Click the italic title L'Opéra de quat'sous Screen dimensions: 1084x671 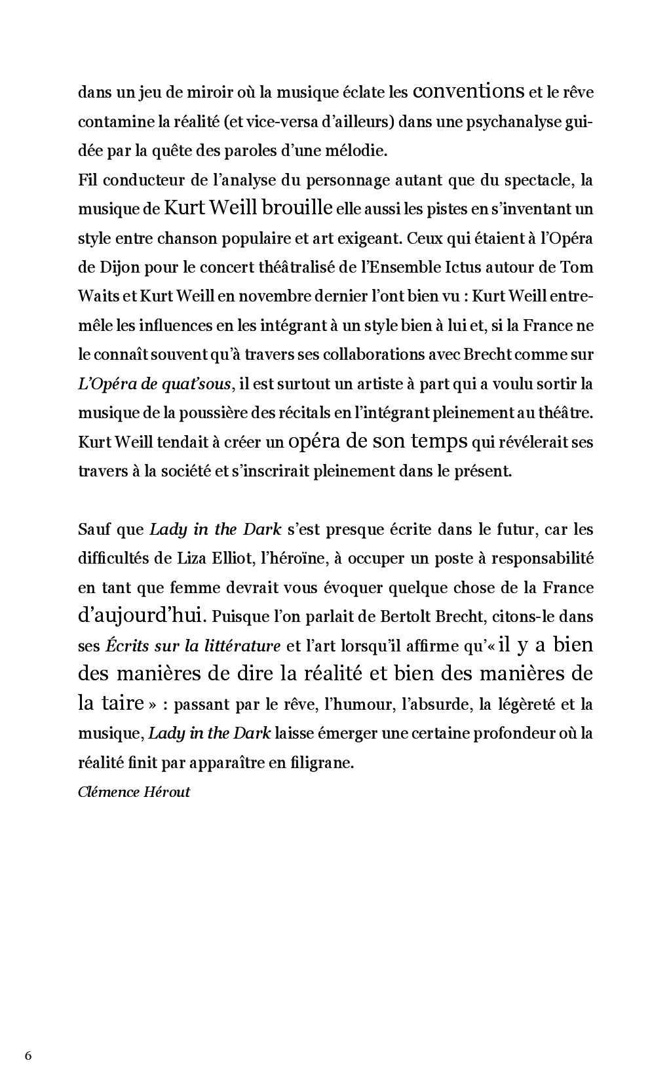click(154, 384)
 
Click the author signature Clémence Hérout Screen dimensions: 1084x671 click(134, 792)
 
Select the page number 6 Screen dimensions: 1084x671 click(27, 1055)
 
